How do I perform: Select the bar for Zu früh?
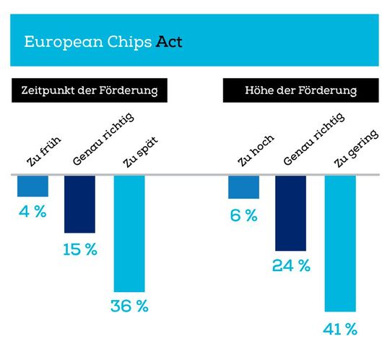tap(32, 186)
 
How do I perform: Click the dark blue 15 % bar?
tap(79, 204)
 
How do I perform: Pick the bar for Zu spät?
tap(129, 233)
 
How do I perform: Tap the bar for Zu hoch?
tap(243, 187)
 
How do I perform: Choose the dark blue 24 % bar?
tap(290, 213)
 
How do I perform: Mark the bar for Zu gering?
tap(340, 243)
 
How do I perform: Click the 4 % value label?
tap(33, 213)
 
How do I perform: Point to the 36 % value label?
tap(129, 306)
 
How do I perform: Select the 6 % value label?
tap(243, 215)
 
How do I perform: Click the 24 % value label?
tap(290, 265)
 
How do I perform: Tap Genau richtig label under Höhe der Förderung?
tap(312, 140)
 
